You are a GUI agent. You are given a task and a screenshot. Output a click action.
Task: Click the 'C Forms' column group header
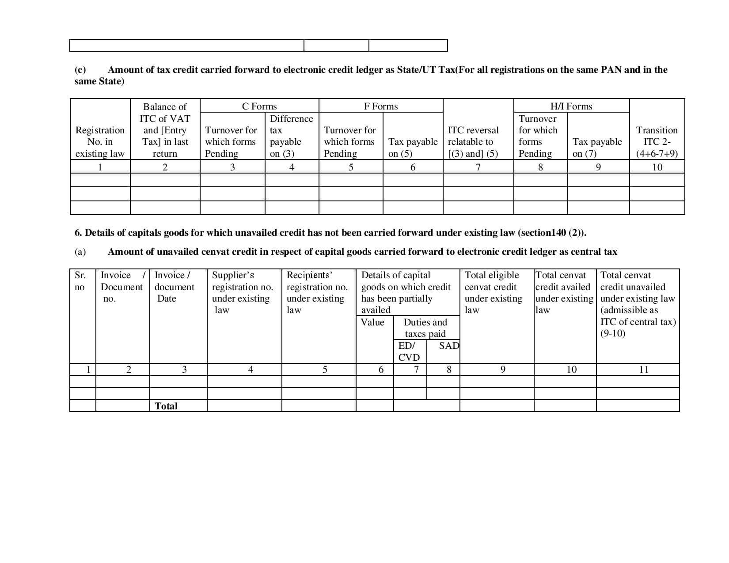[259, 106]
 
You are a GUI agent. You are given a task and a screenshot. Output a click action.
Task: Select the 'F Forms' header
[380, 106]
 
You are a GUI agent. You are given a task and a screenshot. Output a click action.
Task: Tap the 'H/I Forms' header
[571, 106]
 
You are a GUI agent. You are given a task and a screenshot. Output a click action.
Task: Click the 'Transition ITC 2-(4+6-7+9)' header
[657, 142]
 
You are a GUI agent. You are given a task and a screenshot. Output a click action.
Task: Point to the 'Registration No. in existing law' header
[100, 142]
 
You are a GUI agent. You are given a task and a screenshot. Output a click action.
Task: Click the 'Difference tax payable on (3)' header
[291, 136]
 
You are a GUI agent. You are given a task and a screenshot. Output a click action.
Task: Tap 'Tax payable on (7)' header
[597, 147]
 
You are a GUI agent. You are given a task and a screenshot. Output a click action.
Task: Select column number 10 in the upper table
[657, 167]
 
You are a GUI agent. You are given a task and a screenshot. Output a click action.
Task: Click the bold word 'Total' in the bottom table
[166, 406]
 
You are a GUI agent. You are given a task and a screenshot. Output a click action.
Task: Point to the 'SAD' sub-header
[449, 346]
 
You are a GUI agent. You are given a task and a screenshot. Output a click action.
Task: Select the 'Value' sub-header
[372, 322]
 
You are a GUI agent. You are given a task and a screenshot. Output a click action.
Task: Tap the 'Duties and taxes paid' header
[425, 328]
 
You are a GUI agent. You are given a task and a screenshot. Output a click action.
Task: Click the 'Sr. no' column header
[80, 281]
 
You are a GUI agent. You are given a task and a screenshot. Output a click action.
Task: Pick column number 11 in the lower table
[644, 370]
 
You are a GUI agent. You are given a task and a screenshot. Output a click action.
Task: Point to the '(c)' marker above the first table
[80, 70]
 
